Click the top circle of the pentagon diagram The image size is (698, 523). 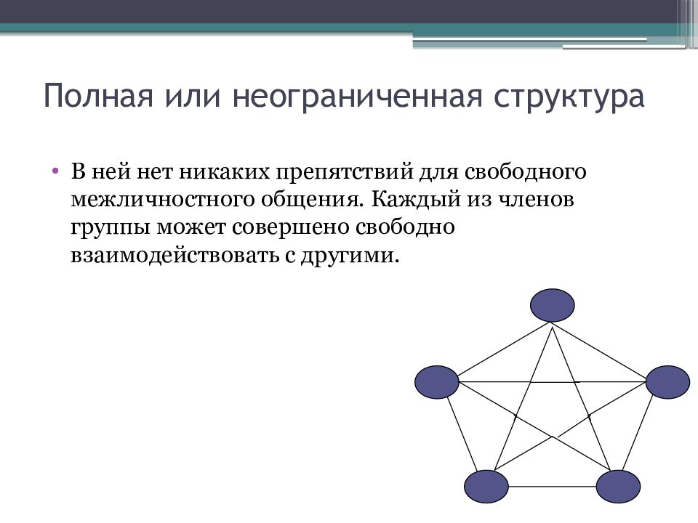click(552, 305)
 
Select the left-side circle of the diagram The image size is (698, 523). click(437, 382)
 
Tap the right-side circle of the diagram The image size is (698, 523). click(667, 382)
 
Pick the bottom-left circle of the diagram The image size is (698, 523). click(486, 486)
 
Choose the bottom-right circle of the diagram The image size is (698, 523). click(619, 486)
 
